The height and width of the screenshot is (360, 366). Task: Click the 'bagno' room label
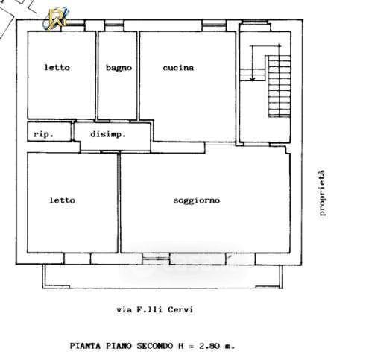(x=119, y=68)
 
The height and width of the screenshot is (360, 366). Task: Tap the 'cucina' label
(x=178, y=68)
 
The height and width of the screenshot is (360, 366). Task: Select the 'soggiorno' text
(x=197, y=200)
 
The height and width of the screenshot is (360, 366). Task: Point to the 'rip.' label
(x=43, y=134)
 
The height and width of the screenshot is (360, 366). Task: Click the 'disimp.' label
(x=108, y=134)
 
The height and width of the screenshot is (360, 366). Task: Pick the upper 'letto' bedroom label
(x=57, y=67)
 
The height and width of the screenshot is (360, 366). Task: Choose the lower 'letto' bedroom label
(x=62, y=200)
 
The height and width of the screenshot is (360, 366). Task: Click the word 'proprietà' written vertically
(x=322, y=193)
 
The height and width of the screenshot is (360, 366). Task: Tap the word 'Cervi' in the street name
(x=180, y=309)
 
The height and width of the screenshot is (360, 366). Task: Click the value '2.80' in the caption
(x=209, y=346)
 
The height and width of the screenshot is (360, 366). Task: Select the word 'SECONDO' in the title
(x=155, y=346)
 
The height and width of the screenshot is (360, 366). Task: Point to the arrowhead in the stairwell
(x=253, y=79)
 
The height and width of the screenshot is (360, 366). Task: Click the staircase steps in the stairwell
(x=280, y=86)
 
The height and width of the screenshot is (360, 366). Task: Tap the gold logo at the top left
(x=56, y=19)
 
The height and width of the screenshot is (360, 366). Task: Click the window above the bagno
(x=114, y=25)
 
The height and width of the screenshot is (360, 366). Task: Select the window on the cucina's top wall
(x=214, y=25)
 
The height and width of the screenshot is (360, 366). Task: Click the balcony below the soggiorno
(x=163, y=277)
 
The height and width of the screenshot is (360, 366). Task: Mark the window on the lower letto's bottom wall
(x=78, y=259)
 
